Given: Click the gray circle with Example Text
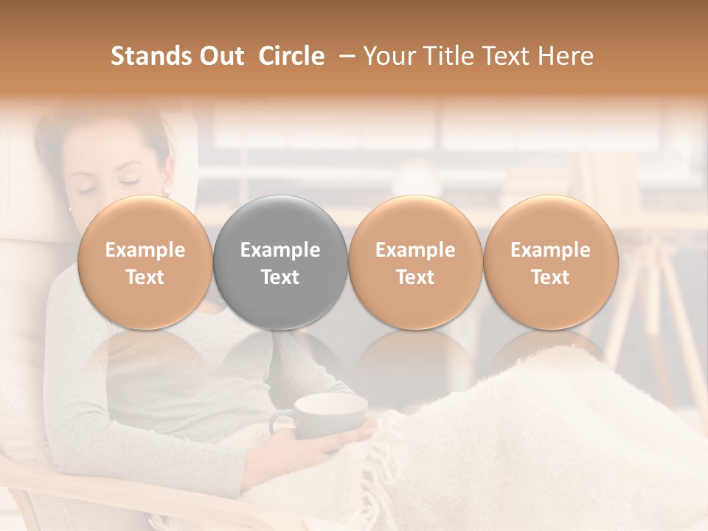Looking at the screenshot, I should coord(280,262).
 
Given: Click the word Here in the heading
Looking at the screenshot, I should coord(565,56).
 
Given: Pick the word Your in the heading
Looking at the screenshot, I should coord(388,56).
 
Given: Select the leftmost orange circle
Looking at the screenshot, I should coord(145,262).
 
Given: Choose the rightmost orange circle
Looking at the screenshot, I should coord(551,262).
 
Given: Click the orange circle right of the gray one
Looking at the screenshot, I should coord(415,262).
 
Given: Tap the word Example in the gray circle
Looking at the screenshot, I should coord(280,250).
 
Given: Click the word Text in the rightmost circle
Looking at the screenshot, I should coord(551,277).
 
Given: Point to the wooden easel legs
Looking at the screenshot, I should coord(649,310).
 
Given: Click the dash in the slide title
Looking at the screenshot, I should coord(344,56).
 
